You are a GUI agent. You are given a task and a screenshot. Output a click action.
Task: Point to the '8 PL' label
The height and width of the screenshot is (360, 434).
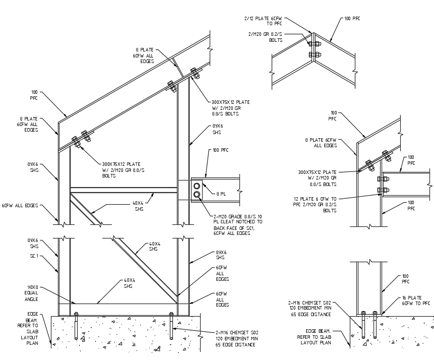pyautogui.click(x=220, y=193)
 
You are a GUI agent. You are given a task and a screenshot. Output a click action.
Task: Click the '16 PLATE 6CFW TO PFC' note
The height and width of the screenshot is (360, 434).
pyautogui.click(x=415, y=301)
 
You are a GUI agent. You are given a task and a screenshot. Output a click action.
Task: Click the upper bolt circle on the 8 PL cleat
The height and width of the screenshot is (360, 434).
pyautogui.click(x=196, y=186)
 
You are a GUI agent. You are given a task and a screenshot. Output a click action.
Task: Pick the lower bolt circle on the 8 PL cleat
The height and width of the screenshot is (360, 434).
pyautogui.click(x=196, y=194)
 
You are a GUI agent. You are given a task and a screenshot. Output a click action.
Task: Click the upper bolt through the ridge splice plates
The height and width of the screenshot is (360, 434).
pyautogui.click(x=313, y=44)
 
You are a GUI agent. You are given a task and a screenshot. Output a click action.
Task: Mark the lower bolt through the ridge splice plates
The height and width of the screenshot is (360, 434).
pyautogui.click(x=313, y=54)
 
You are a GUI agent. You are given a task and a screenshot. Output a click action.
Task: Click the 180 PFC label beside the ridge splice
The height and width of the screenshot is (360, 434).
pyautogui.click(x=352, y=18)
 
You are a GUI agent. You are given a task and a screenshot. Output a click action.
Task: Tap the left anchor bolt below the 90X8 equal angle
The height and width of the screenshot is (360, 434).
pyautogui.click(x=76, y=325)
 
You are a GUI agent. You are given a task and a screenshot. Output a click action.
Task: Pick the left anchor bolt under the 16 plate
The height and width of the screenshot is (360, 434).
pyautogui.click(x=363, y=325)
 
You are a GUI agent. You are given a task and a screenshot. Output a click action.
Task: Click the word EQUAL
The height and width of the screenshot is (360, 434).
pyautogui.click(x=31, y=292)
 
